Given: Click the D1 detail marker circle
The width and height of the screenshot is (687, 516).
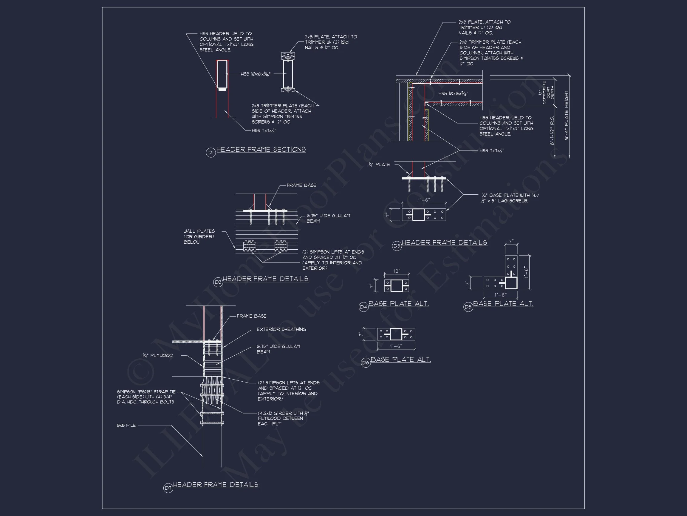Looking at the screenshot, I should pyautogui.click(x=211, y=153).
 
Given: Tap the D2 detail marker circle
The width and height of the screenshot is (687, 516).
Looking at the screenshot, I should pyautogui.click(x=218, y=282).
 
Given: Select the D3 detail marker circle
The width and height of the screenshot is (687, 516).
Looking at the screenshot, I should pyautogui.click(x=397, y=246).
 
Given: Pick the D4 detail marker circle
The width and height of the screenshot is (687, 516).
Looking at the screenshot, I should pyautogui.click(x=363, y=307).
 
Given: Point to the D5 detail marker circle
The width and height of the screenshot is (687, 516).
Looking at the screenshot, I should pyautogui.click(x=468, y=307).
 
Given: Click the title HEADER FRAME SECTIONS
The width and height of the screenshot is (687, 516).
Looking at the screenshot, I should pyautogui.click(x=261, y=150).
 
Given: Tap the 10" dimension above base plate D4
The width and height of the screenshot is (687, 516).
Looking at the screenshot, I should pyautogui.click(x=396, y=271).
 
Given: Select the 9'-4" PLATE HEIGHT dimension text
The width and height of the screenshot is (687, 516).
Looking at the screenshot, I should pyautogui.click(x=567, y=115).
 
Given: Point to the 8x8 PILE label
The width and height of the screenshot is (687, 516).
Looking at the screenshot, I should pyautogui.click(x=126, y=425).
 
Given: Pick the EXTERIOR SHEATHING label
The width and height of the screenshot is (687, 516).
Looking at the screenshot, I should pyautogui.click(x=281, y=329).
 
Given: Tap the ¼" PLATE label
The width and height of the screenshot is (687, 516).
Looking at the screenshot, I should pyautogui.click(x=379, y=165).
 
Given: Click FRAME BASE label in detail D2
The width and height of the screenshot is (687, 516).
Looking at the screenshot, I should pyautogui.click(x=301, y=185).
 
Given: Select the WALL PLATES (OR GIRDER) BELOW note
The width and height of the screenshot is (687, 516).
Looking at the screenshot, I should pyautogui.click(x=199, y=237).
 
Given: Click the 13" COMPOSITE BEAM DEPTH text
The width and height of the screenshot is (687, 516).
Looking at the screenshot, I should pyautogui.click(x=548, y=93).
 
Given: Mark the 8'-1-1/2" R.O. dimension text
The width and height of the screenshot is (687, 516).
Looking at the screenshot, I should pyautogui.click(x=552, y=130).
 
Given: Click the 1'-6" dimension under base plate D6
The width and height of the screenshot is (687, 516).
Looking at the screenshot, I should pyautogui.click(x=396, y=346).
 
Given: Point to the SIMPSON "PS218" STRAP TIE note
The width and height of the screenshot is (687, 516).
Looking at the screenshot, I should pyautogui.click(x=146, y=397).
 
